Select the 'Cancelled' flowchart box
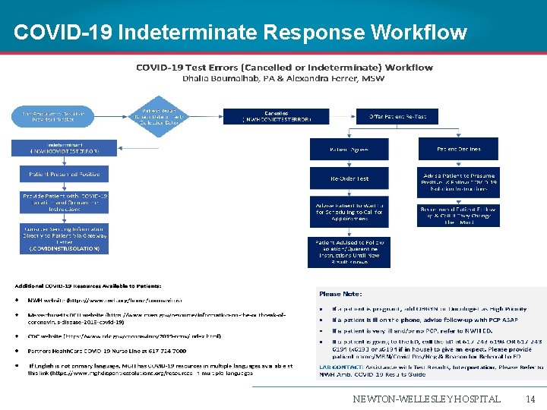coord(265,116)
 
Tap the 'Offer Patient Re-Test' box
coord(403,116)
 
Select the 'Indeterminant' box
coord(64,148)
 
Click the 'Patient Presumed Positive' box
coord(64,174)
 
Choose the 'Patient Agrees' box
coord(349,150)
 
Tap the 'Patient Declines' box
coord(459,150)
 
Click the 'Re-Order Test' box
coord(349,178)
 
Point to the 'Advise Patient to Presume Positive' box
coord(459,178)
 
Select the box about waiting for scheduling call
coord(349,210)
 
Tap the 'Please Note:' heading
coord(340,294)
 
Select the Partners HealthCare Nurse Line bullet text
coord(106,352)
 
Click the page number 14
coord(530,399)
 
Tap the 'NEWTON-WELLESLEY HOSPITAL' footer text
coord(426,399)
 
